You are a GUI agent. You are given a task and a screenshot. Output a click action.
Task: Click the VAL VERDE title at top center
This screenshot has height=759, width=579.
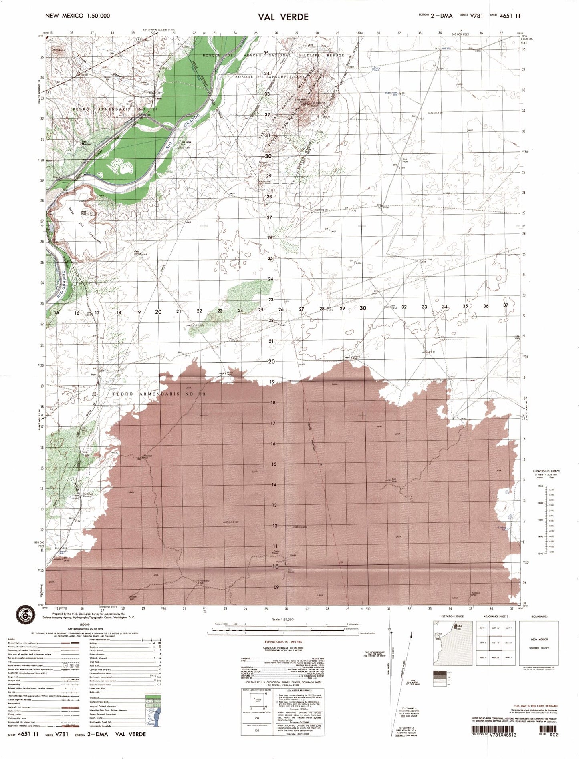point(283,17)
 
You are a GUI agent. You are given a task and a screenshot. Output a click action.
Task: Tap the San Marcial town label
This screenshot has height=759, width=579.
point(86,143)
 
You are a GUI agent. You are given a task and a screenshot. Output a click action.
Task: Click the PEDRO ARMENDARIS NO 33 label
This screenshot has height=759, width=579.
point(159,394)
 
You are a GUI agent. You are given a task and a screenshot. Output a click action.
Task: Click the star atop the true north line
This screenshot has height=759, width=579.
point(391,632)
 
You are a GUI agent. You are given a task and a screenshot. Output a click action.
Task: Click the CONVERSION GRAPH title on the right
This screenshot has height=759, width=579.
point(546,471)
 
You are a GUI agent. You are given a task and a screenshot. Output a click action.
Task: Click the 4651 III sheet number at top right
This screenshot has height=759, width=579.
point(509,16)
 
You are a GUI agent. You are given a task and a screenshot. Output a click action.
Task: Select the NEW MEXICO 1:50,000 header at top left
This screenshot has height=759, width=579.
point(77,16)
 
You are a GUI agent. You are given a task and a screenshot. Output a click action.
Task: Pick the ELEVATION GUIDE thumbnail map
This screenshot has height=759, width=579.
point(452,643)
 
